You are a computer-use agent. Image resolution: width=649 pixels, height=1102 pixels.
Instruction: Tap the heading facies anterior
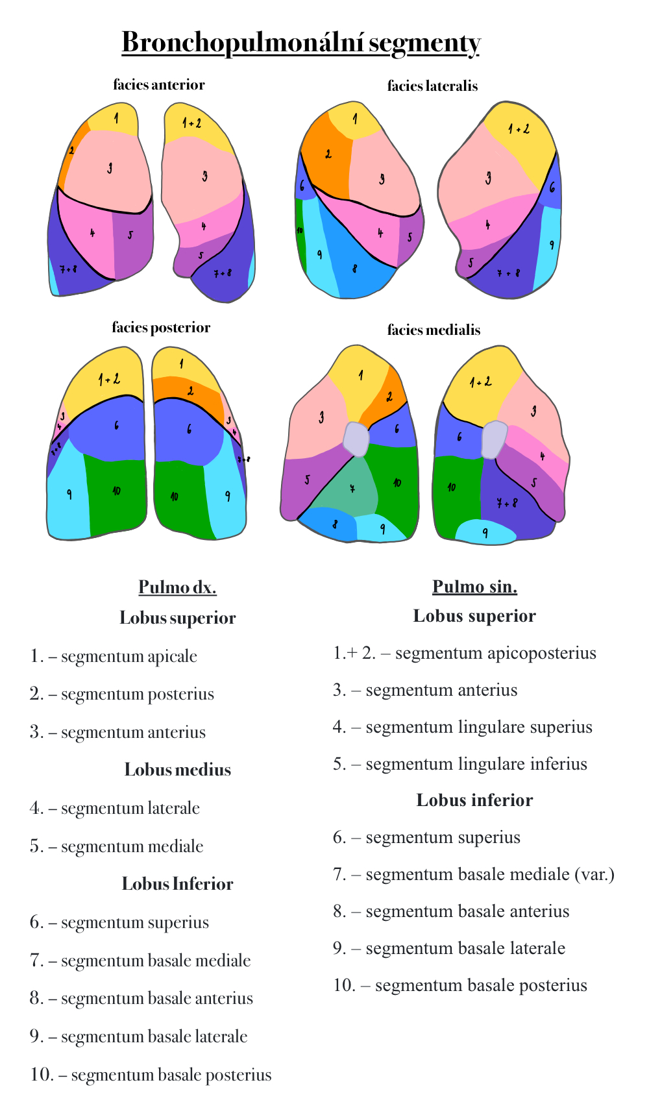[x=159, y=84]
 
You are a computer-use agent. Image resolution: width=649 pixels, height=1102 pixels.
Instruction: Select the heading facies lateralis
[x=432, y=86]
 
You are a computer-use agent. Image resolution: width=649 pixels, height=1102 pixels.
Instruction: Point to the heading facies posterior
[x=161, y=327]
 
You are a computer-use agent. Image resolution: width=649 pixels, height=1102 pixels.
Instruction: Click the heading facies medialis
[x=434, y=330]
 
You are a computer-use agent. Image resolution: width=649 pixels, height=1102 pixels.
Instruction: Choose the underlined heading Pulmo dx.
[x=177, y=587]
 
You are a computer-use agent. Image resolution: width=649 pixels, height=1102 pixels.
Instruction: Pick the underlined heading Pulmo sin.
[x=474, y=587]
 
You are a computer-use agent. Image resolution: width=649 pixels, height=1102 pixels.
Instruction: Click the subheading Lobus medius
[x=177, y=770]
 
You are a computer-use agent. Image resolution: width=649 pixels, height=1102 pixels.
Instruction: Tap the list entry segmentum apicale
[x=129, y=656]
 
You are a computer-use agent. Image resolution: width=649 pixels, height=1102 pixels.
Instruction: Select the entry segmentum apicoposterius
[x=495, y=653]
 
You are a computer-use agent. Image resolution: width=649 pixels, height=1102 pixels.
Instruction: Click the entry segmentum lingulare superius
[x=478, y=727]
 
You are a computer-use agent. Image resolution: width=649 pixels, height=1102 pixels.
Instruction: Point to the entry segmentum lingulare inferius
[x=476, y=764]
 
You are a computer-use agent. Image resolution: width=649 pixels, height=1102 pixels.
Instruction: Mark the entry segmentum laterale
[x=130, y=808]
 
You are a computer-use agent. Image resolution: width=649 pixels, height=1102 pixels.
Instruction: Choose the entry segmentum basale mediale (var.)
[x=489, y=874]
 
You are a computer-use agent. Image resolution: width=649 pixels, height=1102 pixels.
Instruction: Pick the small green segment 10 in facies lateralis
[x=300, y=234]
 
